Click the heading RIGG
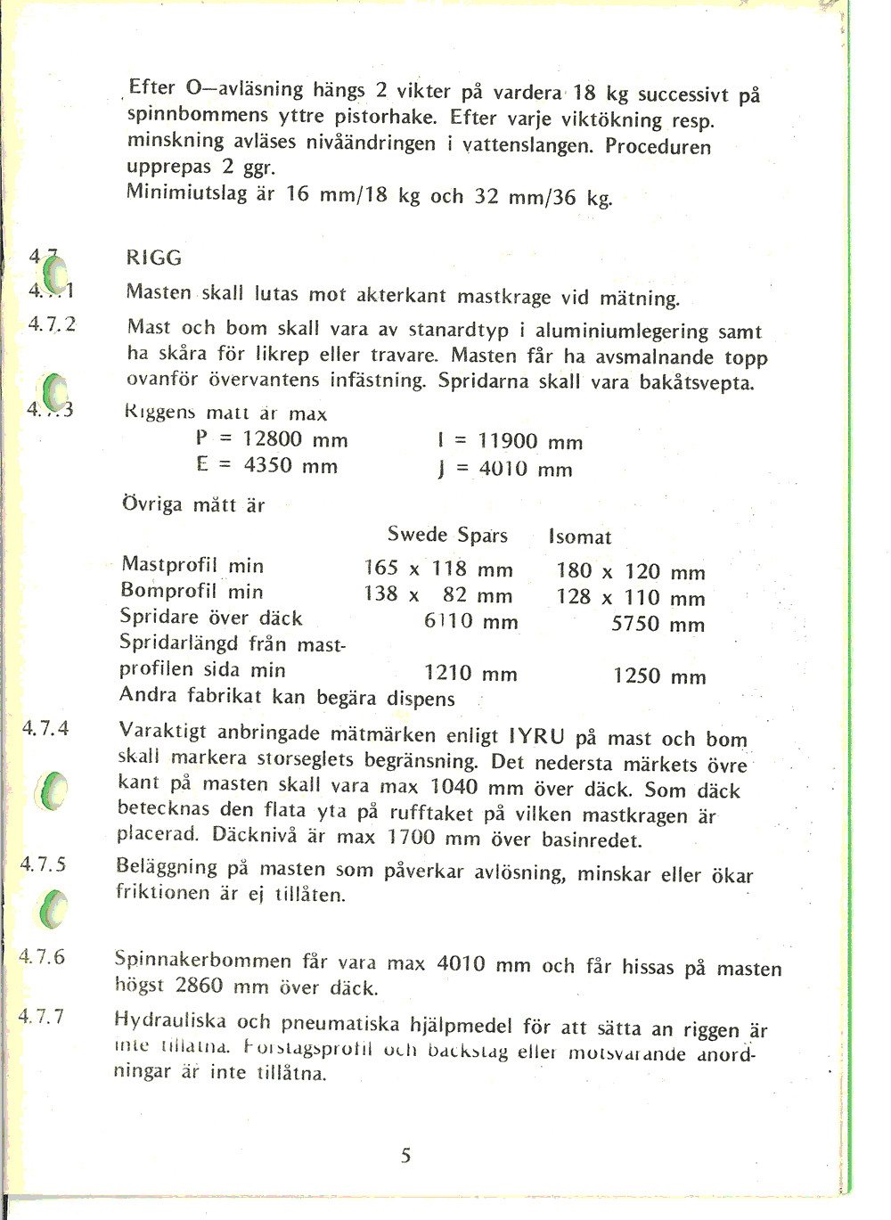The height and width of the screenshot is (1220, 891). (x=154, y=258)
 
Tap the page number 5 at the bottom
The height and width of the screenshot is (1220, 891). (x=405, y=1156)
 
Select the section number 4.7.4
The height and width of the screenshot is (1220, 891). (x=45, y=729)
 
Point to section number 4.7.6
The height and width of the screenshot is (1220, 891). (x=43, y=957)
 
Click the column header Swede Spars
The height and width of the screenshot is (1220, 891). (x=447, y=535)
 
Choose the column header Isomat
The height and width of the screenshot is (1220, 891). (x=580, y=537)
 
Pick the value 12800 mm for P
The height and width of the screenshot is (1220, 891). (x=295, y=440)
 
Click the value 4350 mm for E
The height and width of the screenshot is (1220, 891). (x=290, y=466)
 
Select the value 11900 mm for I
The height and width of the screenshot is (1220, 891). (x=530, y=442)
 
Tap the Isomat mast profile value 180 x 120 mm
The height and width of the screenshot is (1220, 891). (x=630, y=571)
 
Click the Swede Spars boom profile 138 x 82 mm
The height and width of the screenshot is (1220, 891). (x=437, y=595)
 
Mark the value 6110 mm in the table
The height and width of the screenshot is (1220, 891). (x=470, y=622)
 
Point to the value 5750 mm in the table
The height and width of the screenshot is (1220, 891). (x=658, y=625)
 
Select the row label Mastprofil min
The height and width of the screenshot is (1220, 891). (x=192, y=565)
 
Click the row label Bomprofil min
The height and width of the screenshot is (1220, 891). (x=192, y=592)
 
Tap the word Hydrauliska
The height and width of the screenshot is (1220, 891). (x=170, y=1021)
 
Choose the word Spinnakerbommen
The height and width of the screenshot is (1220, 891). (x=203, y=961)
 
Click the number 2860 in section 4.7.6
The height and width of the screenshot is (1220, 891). (x=199, y=986)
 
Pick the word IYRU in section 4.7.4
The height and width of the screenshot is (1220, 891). (x=536, y=737)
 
